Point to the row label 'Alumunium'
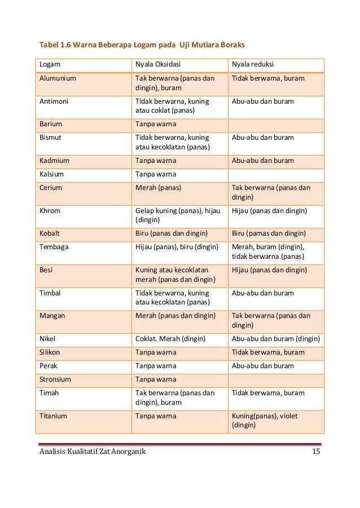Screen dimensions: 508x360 pyautogui.click(x=58, y=78)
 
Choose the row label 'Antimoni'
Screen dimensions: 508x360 pyautogui.click(x=54, y=101)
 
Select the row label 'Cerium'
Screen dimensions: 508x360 pyautogui.click(x=51, y=187)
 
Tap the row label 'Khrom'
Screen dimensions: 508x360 pyautogui.click(x=50, y=211)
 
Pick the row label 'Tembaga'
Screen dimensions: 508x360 pyautogui.click(x=55, y=246)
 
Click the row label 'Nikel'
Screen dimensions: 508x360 pyautogui.click(x=48, y=339)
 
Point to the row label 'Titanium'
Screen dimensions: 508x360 pyautogui.click(x=54, y=416)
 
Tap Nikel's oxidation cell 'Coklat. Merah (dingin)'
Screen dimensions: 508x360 pyautogui.click(x=170, y=339)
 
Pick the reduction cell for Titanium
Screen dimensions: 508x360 pyautogui.click(x=265, y=421)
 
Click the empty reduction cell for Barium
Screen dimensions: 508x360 pyautogui.click(x=275, y=123)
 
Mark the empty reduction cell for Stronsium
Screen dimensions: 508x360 pyautogui.click(x=275, y=379)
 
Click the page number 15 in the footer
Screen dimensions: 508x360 pyautogui.click(x=316, y=452)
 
